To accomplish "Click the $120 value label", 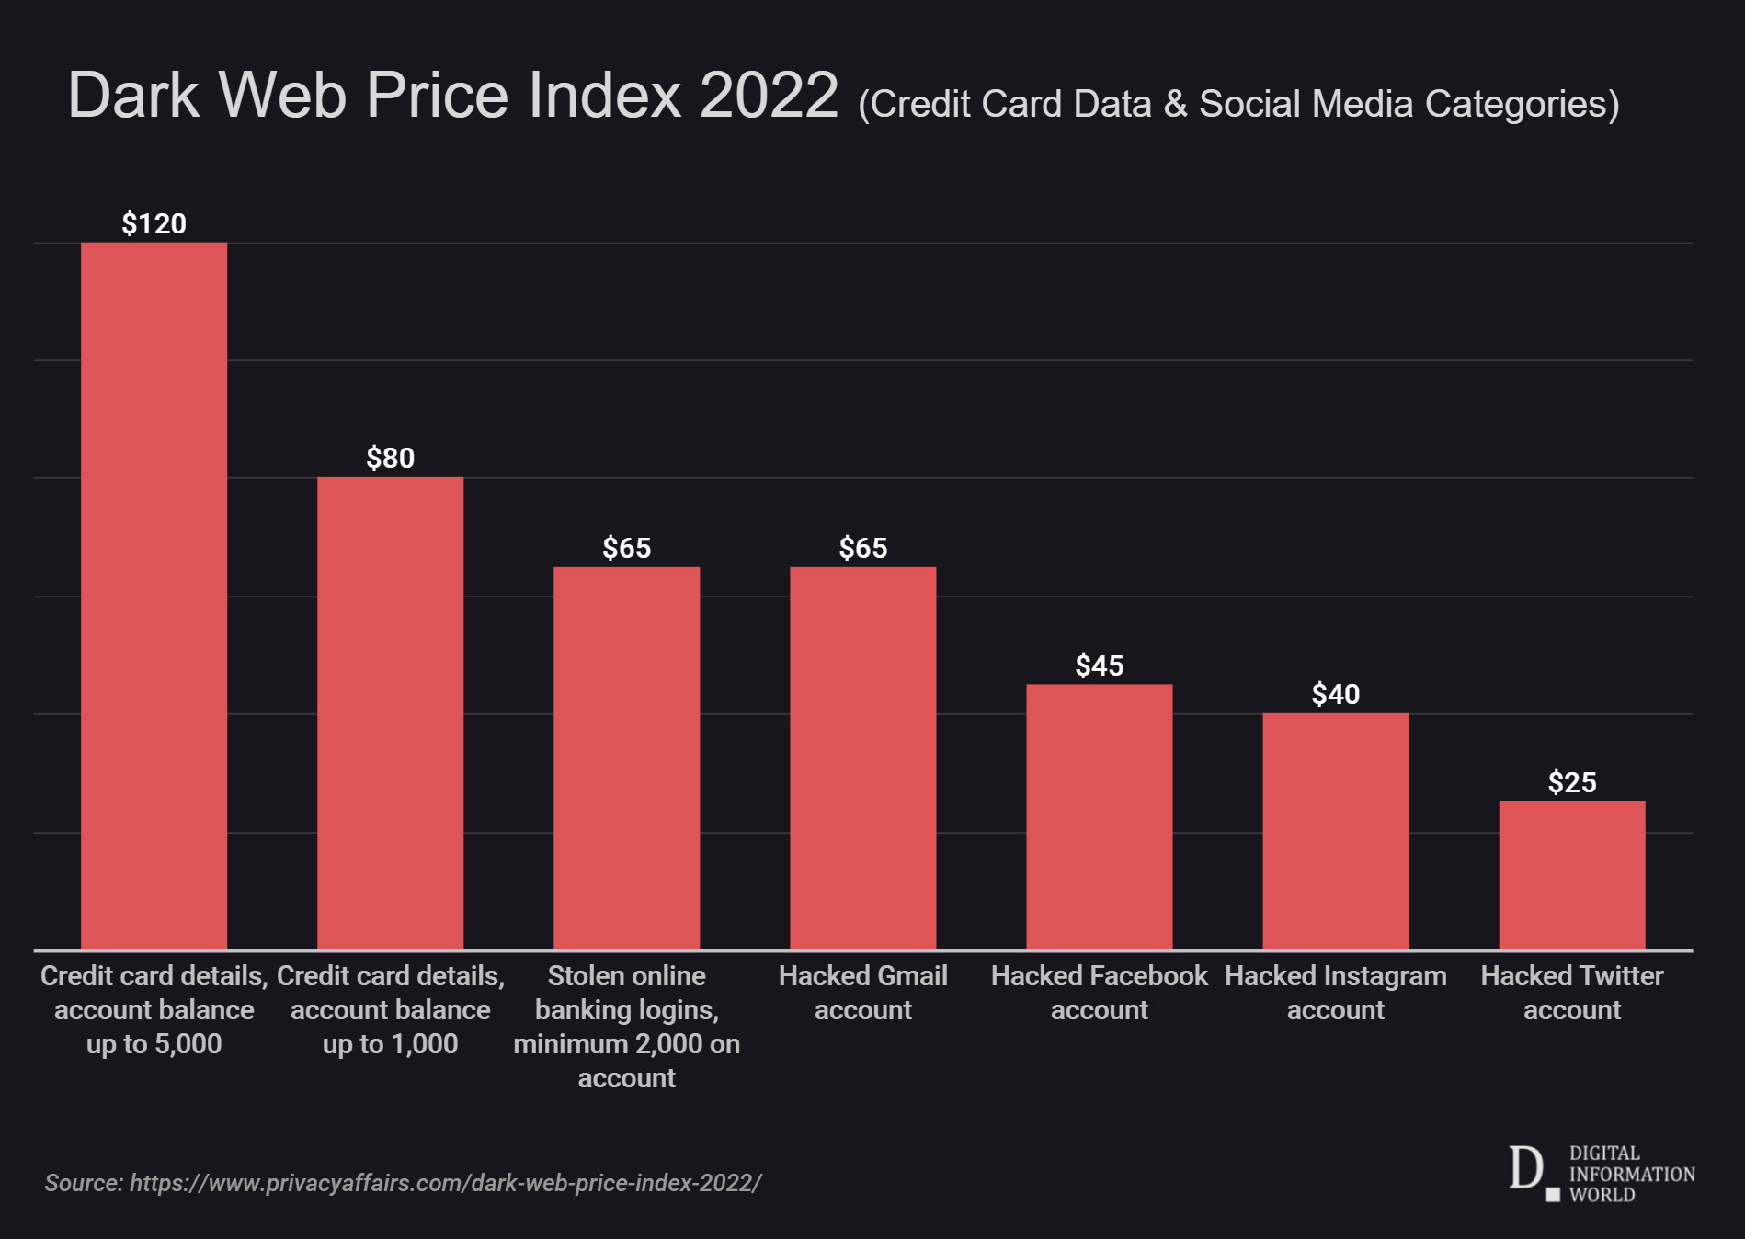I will pos(154,223).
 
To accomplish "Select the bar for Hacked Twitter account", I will pos(1571,875).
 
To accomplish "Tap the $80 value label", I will pos(390,458).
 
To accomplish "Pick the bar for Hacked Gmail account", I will pos(862,757).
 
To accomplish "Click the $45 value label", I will pos(1099,665).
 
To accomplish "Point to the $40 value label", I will pos(1335,694).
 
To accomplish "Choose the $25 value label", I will pos(1571,782).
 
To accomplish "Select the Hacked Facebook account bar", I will pos(1099,816).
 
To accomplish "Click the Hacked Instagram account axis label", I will pos(1335,993).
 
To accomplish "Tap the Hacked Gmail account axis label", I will pos(862,993).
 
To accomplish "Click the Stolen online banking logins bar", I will pos(626,757).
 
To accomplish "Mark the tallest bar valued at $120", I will pos(154,596).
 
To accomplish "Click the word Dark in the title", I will pos(133,95).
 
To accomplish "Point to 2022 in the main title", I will pos(768,95).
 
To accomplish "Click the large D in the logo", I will pos(1525,1169).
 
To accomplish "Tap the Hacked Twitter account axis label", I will pos(1571,993).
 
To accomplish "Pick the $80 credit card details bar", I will pos(390,712).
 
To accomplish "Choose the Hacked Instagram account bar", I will pos(1335,831).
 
